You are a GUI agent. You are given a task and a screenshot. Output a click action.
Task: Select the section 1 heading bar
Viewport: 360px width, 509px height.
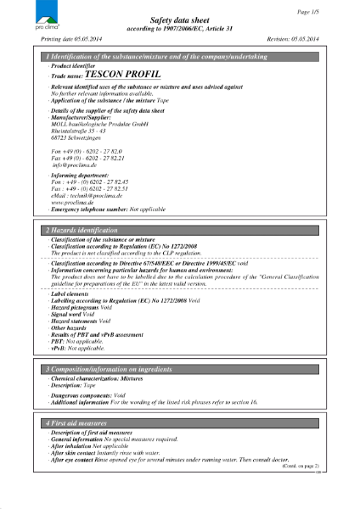tap(179, 56)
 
